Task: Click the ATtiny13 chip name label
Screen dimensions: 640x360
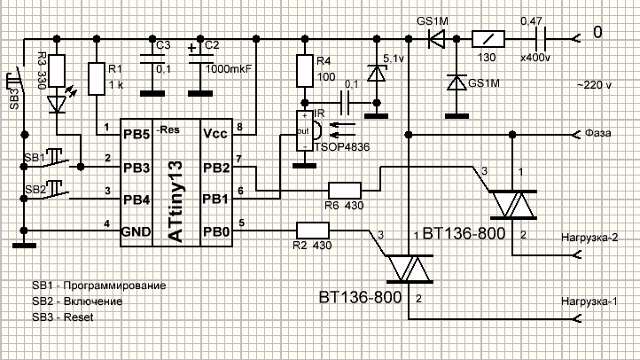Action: (176, 200)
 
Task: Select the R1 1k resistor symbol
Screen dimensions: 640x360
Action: (97, 79)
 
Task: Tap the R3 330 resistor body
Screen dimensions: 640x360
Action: (57, 71)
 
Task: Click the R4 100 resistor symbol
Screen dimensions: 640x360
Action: (305, 71)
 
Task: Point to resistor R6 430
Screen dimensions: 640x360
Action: (345, 191)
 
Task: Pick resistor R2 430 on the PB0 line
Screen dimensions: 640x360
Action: (313, 231)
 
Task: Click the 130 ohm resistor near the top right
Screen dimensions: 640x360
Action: (488, 39)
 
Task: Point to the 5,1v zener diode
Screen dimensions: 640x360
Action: (377, 74)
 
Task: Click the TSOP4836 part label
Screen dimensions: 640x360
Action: (342, 147)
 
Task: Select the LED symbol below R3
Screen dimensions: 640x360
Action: (57, 104)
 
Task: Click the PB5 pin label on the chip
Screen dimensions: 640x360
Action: (137, 135)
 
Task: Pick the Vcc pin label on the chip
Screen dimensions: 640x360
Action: (215, 134)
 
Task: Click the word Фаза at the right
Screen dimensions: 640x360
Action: (598, 133)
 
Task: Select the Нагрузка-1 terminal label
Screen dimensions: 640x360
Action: (589, 301)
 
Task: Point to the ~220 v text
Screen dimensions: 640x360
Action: (594, 85)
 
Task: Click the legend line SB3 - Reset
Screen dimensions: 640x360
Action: (63, 317)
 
